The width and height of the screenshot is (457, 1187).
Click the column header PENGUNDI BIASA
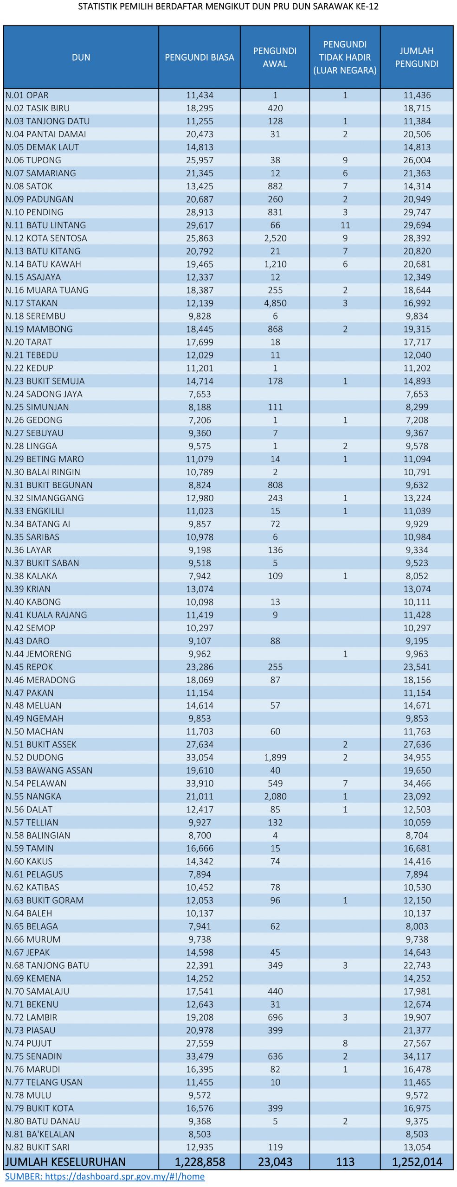pyautogui.click(x=199, y=57)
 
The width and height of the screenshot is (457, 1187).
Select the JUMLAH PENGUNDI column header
pyautogui.click(x=416, y=57)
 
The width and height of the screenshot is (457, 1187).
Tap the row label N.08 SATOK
pyautogui.click(x=29, y=186)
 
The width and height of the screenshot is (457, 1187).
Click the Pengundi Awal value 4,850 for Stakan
pyautogui.click(x=275, y=303)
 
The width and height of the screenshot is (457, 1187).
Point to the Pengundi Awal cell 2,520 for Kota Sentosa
pyautogui.click(x=275, y=238)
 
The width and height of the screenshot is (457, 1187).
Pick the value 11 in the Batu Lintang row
pyautogui.click(x=345, y=225)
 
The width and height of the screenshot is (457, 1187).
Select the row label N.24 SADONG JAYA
pyautogui.click(x=44, y=394)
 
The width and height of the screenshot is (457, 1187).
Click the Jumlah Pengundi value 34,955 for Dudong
pyautogui.click(x=417, y=757)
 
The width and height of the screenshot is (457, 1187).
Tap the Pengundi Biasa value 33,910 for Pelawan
pyautogui.click(x=200, y=783)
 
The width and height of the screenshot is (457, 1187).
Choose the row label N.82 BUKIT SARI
pyautogui.click(x=38, y=1147)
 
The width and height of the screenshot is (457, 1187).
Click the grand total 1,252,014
pyautogui.click(x=417, y=1161)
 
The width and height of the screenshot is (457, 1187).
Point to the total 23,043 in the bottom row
pyautogui.click(x=275, y=1161)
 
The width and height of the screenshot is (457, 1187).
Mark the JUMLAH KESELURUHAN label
pyautogui.click(x=65, y=1161)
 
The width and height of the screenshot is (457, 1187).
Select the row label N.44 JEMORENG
pyautogui.click(x=39, y=654)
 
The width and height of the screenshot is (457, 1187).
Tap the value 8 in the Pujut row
pyautogui.click(x=345, y=1043)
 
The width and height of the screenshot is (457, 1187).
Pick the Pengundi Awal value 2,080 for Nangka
pyautogui.click(x=275, y=796)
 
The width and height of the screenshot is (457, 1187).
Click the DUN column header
pyautogui.click(x=81, y=57)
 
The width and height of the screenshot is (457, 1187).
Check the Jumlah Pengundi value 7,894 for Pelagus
pyautogui.click(x=417, y=874)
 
